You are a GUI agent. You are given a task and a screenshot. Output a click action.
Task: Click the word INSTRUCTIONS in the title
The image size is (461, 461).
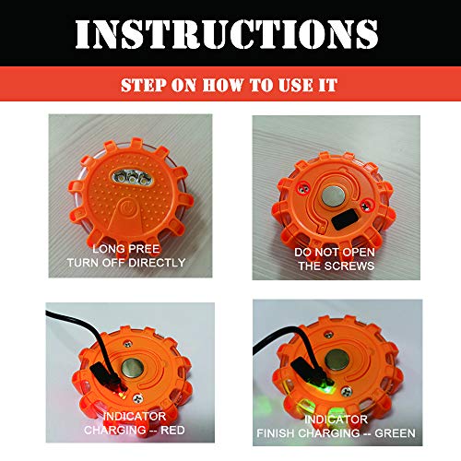pos(230,33)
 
